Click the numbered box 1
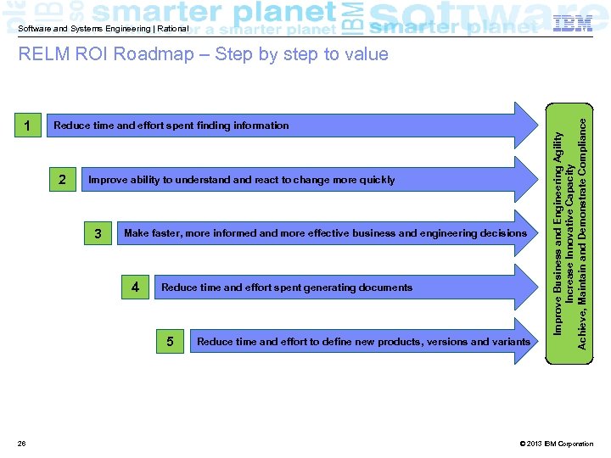(29, 126)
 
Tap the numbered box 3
(99, 233)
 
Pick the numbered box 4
(135, 288)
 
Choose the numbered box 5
(171, 342)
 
